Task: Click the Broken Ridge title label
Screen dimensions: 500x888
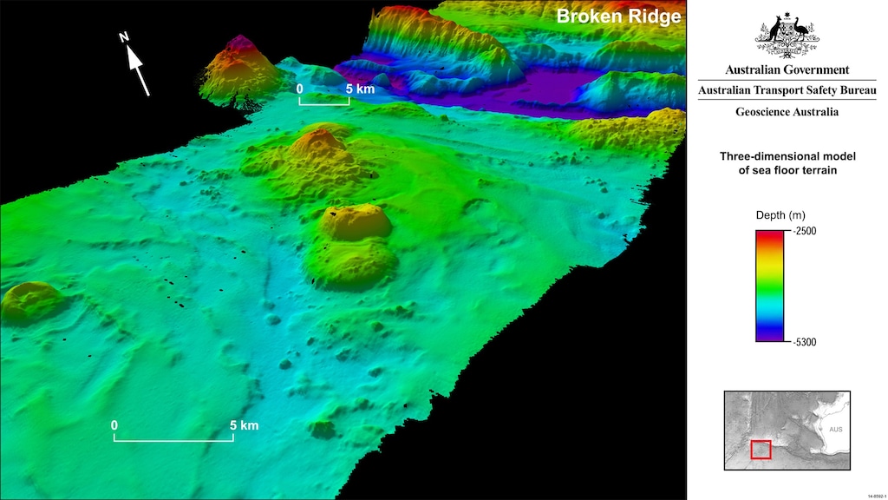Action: (617, 16)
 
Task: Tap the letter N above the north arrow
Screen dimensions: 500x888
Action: (124, 36)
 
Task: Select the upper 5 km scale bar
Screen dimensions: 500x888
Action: (324, 102)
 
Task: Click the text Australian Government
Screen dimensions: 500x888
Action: (787, 70)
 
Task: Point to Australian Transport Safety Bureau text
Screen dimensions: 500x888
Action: (787, 91)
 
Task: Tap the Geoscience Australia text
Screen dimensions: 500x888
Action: (787, 112)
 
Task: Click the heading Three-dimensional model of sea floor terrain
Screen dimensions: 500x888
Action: (787, 163)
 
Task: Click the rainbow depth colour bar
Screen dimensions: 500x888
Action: (770, 286)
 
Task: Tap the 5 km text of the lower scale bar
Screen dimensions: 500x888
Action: (244, 425)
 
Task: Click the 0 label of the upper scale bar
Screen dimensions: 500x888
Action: (300, 89)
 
